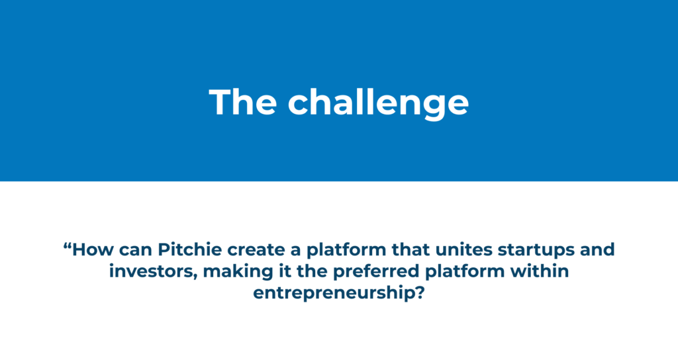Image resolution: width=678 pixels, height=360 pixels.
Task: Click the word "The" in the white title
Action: coord(243,102)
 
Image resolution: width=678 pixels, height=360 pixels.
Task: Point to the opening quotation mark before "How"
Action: coord(67,246)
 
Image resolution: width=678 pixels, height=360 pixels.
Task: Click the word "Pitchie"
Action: coord(190,249)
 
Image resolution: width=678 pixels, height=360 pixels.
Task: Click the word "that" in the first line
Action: coord(411,249)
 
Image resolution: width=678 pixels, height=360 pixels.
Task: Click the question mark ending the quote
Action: coord(420,293)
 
